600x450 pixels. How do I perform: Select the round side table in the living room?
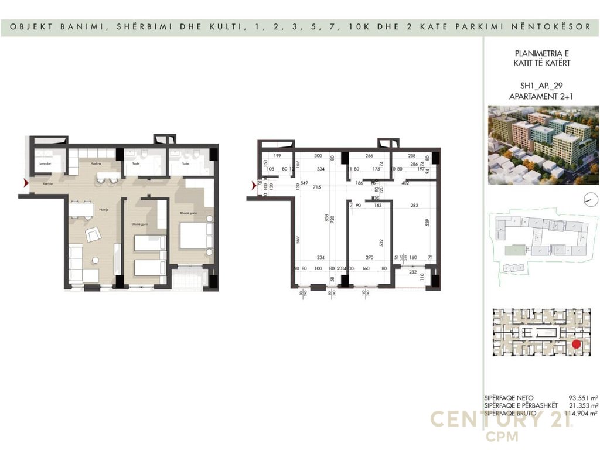94,259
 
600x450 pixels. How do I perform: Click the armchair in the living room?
93,235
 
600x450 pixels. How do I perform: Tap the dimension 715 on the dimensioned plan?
316,187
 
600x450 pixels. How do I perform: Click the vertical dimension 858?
326,217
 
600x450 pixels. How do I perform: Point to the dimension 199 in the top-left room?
278,156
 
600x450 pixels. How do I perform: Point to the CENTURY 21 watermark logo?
502,420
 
